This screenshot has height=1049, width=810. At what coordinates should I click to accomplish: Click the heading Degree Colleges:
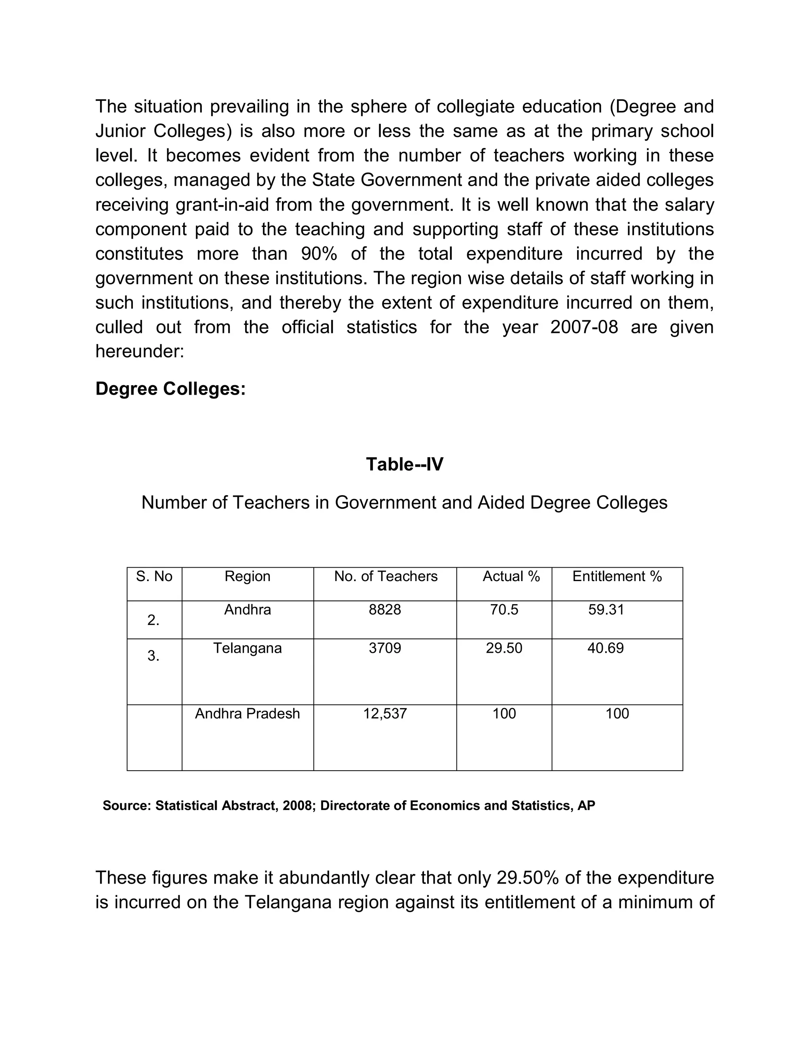(170, 389)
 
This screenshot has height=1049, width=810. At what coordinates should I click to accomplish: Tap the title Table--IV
(405, 464)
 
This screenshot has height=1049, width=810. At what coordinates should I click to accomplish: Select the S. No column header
(154, 576)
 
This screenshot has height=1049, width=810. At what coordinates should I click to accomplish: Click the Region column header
(248, 576)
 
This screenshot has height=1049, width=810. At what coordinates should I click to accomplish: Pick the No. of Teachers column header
(386, 576)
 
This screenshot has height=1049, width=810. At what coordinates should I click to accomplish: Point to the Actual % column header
(511, 576)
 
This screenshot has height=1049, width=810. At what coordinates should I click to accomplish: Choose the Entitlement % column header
(617, 576)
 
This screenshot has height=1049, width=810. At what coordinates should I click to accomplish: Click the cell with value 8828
(385, 610)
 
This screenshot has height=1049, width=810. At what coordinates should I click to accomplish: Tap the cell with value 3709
(385, 648)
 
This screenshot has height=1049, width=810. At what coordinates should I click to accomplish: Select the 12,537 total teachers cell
(385, 714)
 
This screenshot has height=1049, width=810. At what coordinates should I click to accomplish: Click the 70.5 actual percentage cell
(504, 610)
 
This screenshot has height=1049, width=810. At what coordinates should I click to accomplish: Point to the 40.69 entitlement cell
(606, 648)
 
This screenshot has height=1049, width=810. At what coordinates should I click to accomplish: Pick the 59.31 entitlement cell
(606, 610)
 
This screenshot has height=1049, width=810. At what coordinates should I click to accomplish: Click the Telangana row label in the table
(248, 648)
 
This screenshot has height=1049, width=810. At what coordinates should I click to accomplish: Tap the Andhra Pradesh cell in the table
(248, 714)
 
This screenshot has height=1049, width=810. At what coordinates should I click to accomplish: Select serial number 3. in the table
(153, 656)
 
